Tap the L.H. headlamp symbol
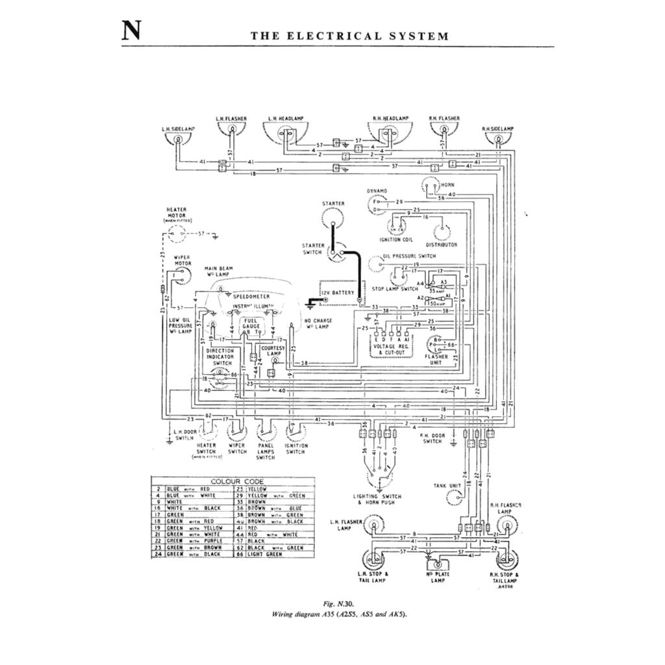tap(286, 134)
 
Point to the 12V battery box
tap(337, 293)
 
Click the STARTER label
tap(333, 204)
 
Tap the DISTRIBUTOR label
tap(441, 245)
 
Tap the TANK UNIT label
tap(446, 486)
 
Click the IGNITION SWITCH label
tap(295, 449)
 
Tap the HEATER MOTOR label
tap(177, 212)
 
